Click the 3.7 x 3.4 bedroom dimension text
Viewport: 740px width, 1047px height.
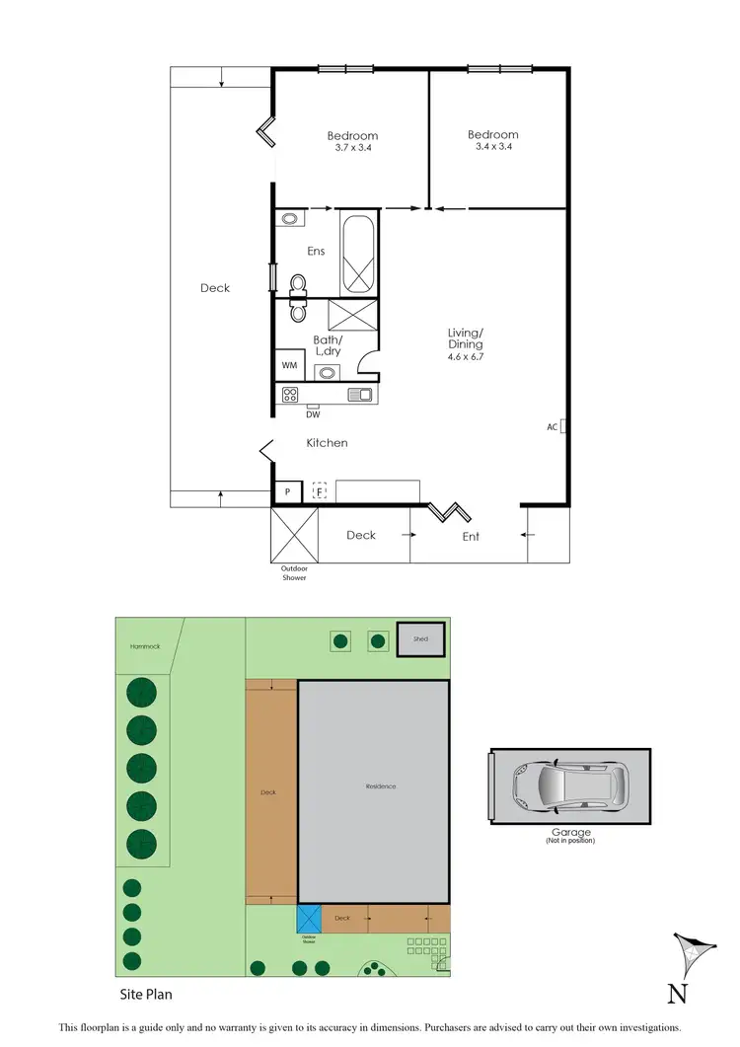(352, 148)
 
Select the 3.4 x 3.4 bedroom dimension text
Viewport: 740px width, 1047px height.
(492, 147)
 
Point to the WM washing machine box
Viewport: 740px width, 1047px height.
(289, 365)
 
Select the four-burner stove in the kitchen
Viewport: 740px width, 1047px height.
(290, 395)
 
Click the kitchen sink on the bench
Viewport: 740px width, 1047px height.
(360, 395)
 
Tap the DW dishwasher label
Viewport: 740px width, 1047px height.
(312, 414)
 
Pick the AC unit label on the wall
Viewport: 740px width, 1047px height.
(553, 427)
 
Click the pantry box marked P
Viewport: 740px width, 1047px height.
(287, 490)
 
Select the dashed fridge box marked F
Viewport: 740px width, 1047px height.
(319, 490)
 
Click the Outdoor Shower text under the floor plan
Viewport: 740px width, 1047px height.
(293, 573)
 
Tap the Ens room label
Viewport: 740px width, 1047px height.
(316, 252)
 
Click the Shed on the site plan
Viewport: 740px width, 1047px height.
(421, 639)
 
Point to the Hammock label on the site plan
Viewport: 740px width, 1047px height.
(144, 646)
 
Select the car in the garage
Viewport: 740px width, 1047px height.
(569, 785)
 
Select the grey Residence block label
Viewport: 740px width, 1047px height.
(380, 786)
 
